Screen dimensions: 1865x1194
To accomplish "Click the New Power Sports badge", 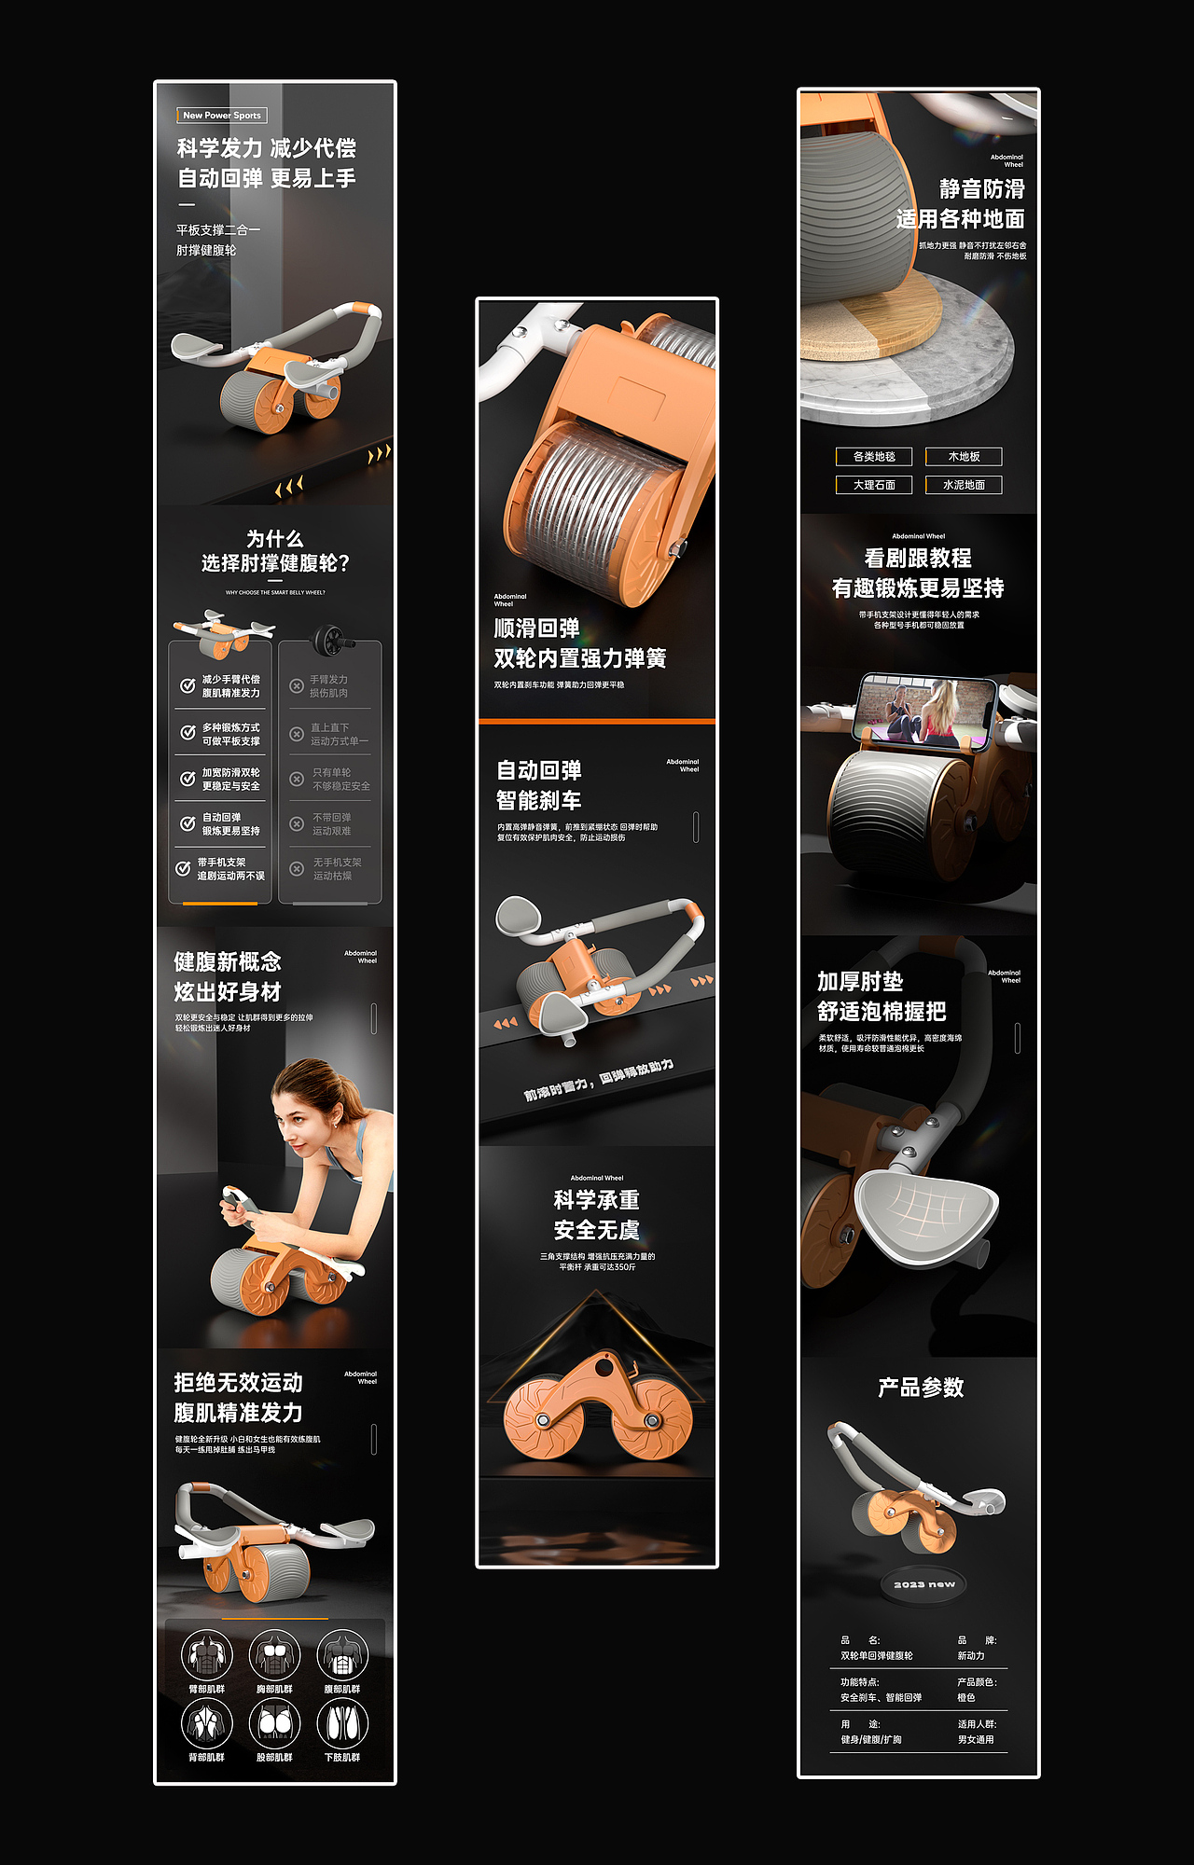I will (222, 116).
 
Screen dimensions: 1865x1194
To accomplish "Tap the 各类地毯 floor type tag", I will (874, 457).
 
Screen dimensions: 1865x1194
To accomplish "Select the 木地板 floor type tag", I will (964, 457).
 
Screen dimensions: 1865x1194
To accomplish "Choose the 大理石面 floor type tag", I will (874, 485).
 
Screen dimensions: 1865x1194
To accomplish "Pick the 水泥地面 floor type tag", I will (964, 485).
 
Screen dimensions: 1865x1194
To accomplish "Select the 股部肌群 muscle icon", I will (274, 1723).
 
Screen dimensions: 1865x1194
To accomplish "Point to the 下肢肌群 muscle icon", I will (342, 1723).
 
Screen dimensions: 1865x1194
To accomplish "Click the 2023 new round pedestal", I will (924, 1584).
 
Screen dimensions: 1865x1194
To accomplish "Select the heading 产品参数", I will (921, 1388).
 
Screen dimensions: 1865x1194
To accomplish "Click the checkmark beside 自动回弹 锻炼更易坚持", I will (187, 823).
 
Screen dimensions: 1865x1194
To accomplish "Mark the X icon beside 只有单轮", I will (297, 779).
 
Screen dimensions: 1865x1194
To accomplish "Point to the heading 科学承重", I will (597, 1200).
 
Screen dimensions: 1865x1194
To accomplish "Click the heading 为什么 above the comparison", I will (274, 539).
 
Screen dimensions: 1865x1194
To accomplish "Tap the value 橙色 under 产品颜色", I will (966, 1698).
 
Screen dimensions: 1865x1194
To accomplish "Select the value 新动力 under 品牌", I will (970, 1656).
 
